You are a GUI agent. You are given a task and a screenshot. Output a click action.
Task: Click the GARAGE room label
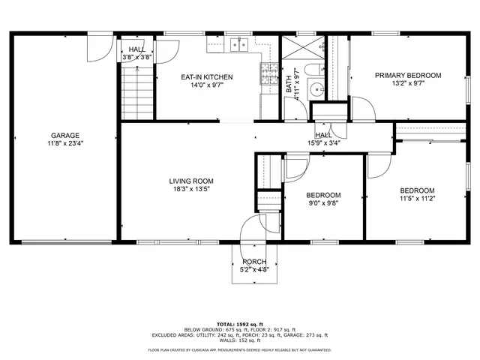[65, 136]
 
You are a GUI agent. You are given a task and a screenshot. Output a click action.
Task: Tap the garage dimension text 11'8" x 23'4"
[65, 143]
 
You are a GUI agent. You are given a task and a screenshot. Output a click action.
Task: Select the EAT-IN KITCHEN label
[206, 77]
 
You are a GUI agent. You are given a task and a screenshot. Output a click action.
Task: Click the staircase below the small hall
[136, 90]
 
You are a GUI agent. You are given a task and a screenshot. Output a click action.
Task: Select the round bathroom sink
[316, 88]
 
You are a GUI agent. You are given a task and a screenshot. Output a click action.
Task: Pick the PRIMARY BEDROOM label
[408, 76]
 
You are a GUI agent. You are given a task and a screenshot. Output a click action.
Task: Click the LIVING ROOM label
[191, 181]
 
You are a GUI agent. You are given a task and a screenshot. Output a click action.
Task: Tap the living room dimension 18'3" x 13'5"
[191, 189]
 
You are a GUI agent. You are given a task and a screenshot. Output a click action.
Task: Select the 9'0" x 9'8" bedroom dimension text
[323, 202]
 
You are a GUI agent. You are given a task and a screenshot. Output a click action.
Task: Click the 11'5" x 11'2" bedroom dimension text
[416, 199]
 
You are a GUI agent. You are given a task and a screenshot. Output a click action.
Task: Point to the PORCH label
[254, 261]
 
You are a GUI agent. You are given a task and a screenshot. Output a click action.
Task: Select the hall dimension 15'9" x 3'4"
[324, 142]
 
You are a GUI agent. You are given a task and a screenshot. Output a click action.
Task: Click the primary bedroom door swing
[363, 108]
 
